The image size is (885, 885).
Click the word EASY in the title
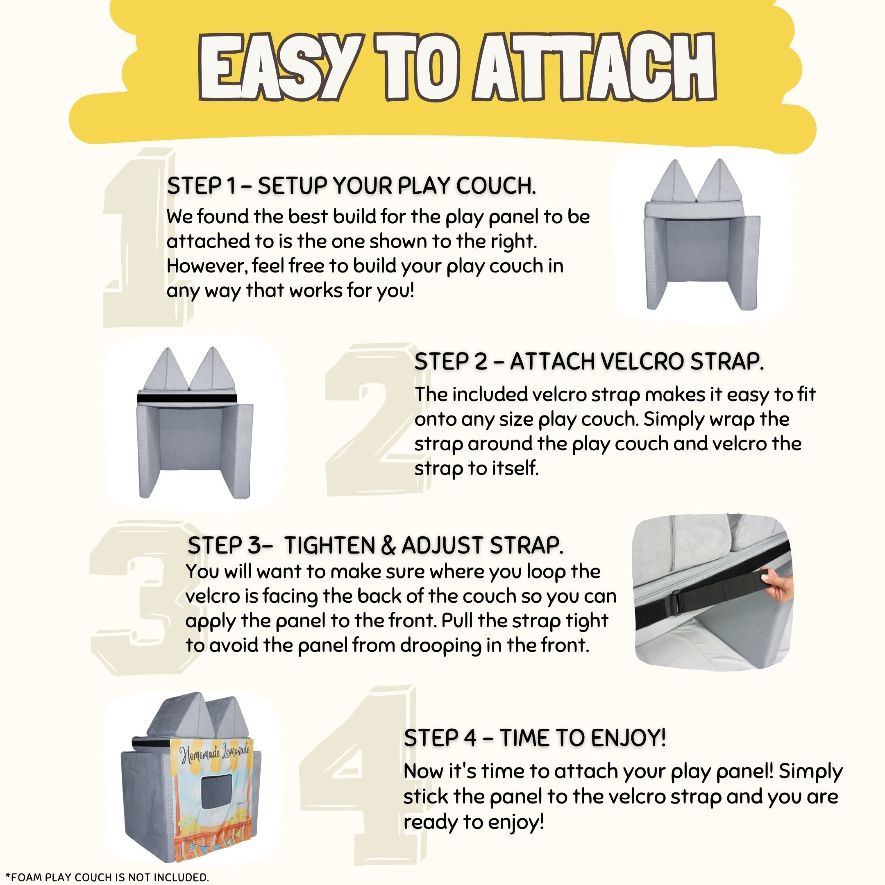pos(277,67)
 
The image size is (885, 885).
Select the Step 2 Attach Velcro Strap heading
pos(589,361)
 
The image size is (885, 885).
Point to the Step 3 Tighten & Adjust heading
pos(376,545)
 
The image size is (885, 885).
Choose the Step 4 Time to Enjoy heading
pos(535,737)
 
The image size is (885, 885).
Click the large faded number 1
pos(140,238)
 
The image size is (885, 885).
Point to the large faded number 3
pos(142,598)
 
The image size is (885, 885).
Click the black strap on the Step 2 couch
pos(187,398)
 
